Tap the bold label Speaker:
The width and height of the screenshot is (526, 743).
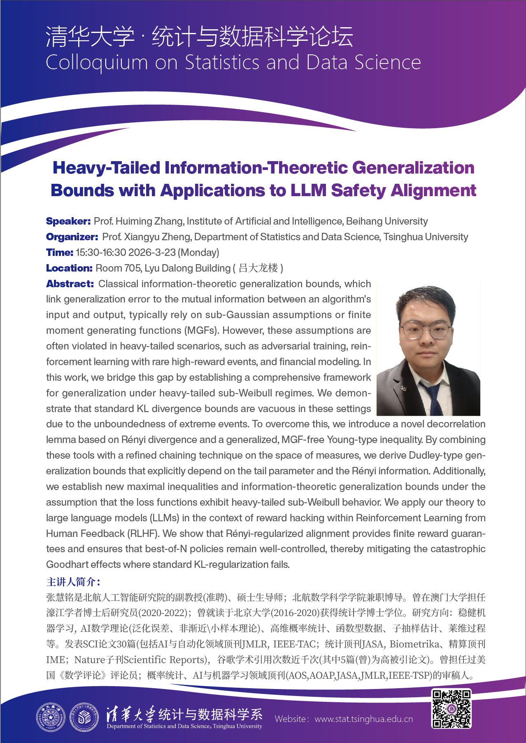[x=68, y=221]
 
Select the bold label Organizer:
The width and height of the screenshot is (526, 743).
[x=72, y=237]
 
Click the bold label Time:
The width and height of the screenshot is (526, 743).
[x=60, y=253]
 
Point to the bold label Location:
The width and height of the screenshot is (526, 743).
[x=69, y=268]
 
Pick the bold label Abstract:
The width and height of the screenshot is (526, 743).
[x=70, y=284]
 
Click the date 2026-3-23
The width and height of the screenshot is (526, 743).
[x=152, y=253]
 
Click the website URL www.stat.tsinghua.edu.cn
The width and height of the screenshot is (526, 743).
[x=363, y=719]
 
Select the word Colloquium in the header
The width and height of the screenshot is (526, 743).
[x=97, y=63]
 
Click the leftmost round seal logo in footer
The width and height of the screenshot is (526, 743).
[x=51, y=717]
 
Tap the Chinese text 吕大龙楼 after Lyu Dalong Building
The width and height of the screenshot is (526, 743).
[x=258, y=268]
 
